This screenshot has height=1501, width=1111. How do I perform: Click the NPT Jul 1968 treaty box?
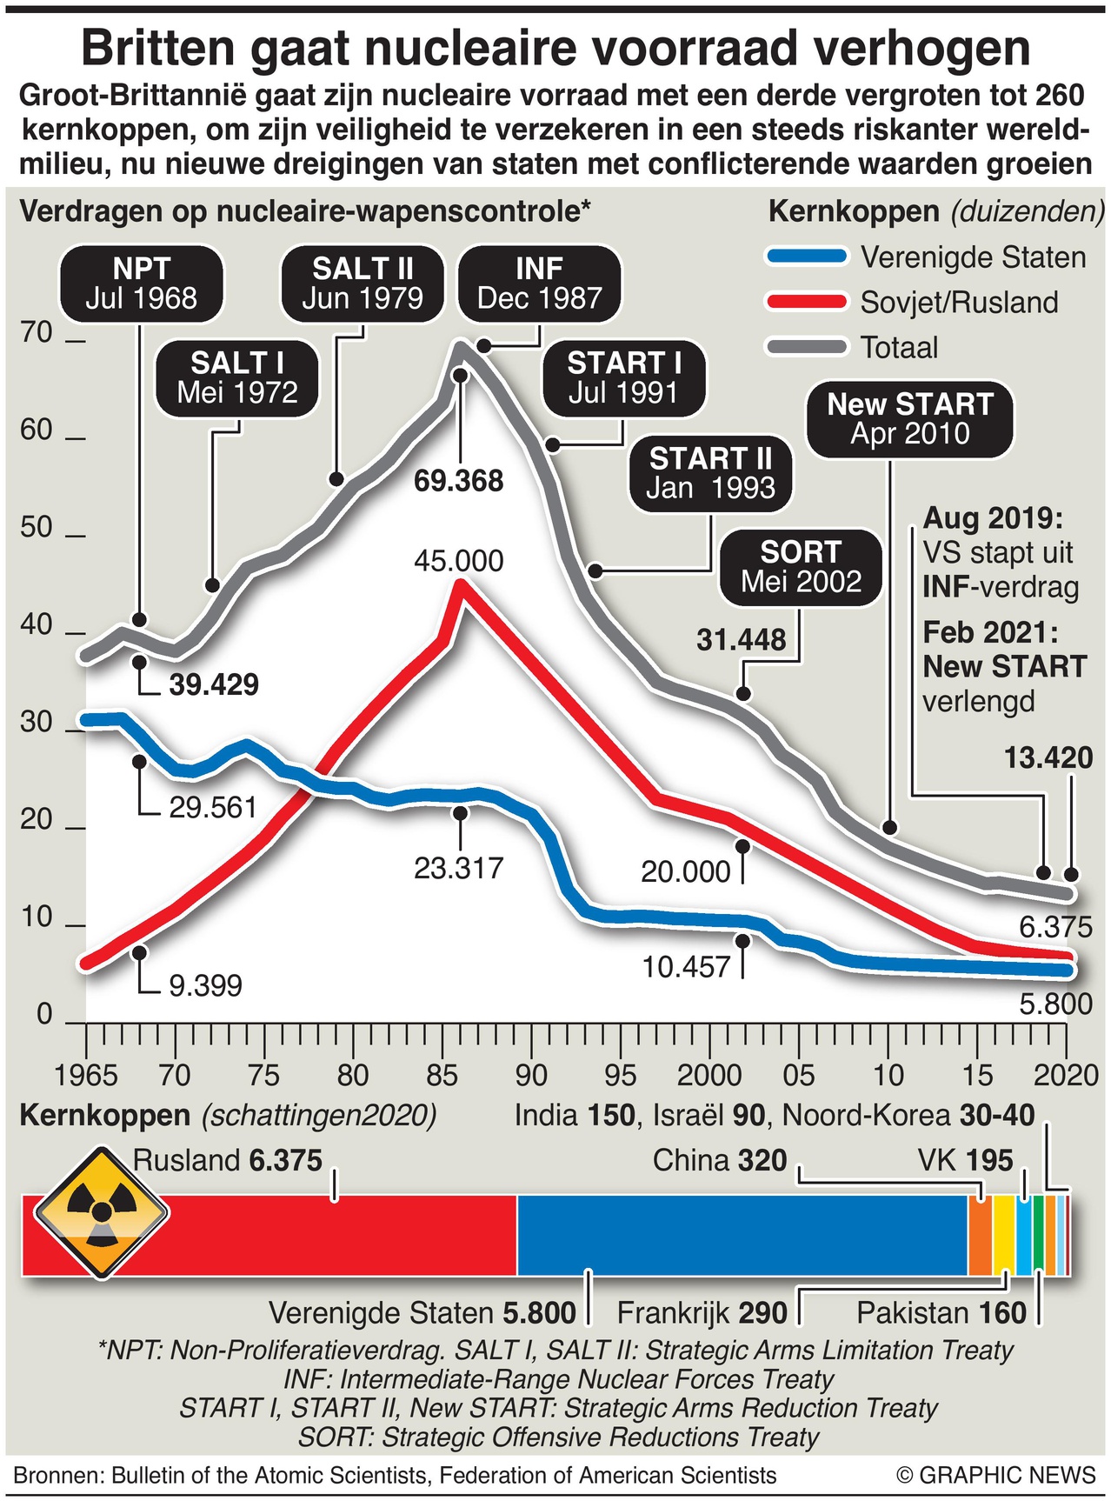pos(142,284)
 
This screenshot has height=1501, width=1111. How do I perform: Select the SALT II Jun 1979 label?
pos(363,284)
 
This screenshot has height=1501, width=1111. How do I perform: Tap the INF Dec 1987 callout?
pos(539,284)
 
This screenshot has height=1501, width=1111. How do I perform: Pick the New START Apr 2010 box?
pos(909,419)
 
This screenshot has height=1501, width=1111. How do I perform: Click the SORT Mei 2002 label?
pos(801,567)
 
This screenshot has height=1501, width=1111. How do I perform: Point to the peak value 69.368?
pos(458,481)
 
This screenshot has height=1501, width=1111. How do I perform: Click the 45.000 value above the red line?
pos(458,561)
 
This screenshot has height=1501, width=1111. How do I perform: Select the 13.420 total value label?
pos(1048,758)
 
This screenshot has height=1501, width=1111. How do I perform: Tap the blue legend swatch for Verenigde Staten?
pos(806,257)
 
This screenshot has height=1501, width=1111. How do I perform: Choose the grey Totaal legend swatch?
pos(806,348)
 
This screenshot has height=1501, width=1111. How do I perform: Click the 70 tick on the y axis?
pos(37,333)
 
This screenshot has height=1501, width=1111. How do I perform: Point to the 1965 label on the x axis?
pos(86,1076)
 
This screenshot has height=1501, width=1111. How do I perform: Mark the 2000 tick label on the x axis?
pos(709,1076)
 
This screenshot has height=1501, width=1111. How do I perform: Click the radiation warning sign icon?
pos(102,1211)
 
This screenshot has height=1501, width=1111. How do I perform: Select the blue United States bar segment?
pos(742,1235)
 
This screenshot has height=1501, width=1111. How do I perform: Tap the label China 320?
pos(719,1160)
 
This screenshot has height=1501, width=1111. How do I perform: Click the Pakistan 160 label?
pos(941,1312)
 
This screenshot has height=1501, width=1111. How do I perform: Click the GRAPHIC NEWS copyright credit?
pos(996,1475)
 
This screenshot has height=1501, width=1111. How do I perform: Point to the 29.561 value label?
pos(213,808)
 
